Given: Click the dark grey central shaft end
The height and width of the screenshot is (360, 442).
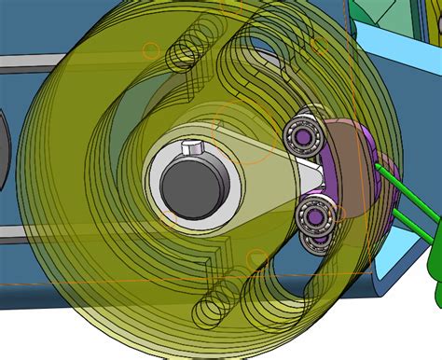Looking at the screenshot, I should [190, 181].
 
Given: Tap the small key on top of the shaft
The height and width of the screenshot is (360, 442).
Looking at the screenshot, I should [191, 148].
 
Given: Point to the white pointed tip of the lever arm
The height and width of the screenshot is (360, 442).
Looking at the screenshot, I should [311, 173].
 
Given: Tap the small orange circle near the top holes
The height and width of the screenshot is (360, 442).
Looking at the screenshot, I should [149, 48].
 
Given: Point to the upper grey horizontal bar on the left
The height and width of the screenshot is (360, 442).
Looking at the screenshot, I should [28, 63].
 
